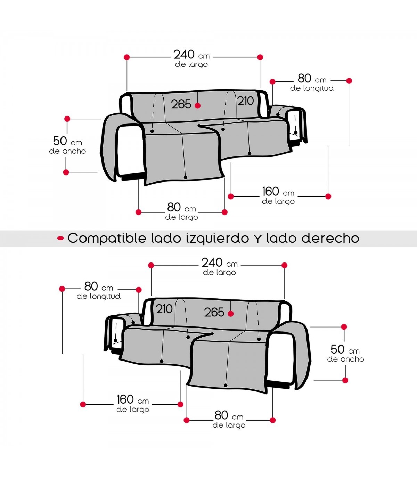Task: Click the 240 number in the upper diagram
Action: [184, 55]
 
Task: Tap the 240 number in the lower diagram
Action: [212, 263]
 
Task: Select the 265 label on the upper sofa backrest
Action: [181, 104]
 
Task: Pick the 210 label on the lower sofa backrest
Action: [164, 309]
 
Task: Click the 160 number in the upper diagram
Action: [270, 192]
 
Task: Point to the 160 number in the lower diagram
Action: [125, 399]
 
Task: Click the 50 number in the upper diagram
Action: [60, 141]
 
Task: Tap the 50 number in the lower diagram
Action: [337, 349]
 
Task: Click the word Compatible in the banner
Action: [107, 238]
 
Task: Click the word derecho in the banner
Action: [330, 238]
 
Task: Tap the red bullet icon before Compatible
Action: [60, 239]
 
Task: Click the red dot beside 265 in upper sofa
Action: [197, 106]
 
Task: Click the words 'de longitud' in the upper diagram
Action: [312, 88]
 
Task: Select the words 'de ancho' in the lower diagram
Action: [345, 359]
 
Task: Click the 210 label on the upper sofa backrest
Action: [246, 101]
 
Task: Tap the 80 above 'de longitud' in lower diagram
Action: [91, 286]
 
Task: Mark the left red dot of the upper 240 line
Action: [127, 57]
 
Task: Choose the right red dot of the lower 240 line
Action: [284, 265]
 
